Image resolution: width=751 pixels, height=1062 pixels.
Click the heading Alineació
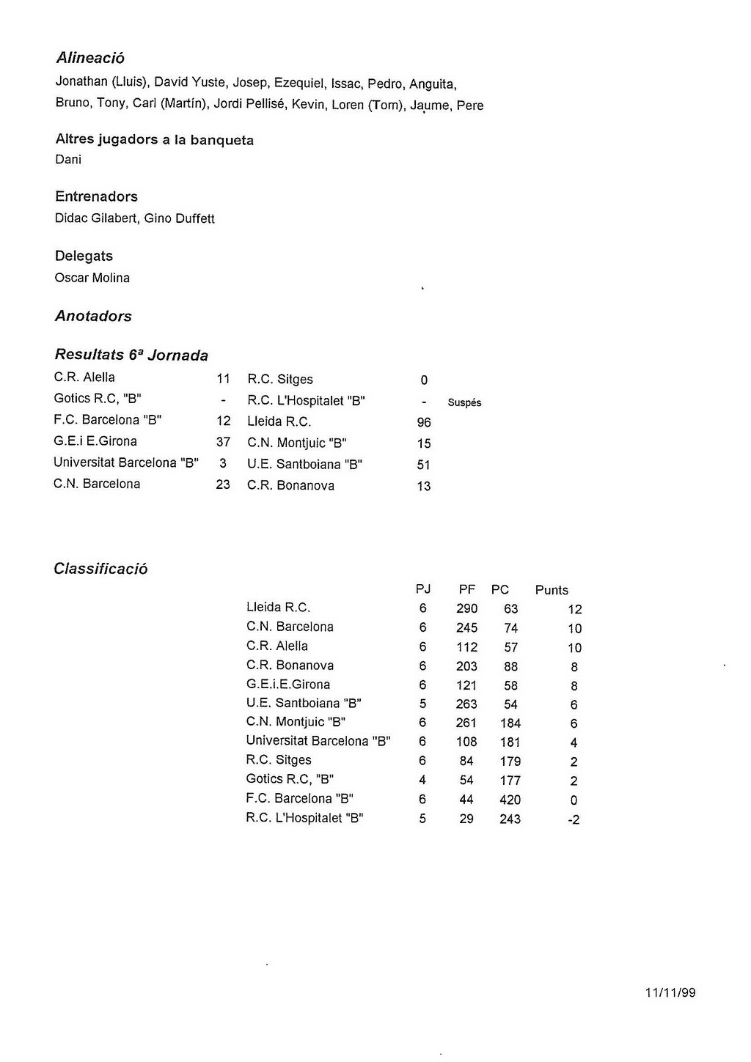coord(90,58)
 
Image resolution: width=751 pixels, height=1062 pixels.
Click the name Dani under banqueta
coord(68,160)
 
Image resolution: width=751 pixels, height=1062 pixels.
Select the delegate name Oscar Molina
coord(92,278)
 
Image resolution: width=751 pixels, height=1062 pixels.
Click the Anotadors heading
coord(93,316)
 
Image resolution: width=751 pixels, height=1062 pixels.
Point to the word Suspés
coord(464,402)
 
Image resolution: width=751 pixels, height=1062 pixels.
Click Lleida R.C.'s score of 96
coord(424,422)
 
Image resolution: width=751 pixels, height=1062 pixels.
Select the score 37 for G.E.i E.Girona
coord(223,442)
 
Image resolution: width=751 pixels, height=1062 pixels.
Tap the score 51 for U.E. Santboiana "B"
coord(424,465)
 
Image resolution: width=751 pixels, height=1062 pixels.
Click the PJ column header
coord(423,589)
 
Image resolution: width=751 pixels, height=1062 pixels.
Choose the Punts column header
coord(552,590)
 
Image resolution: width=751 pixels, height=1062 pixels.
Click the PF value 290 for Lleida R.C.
coord(466,608)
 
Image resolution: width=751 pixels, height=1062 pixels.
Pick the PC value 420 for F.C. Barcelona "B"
coord(510,800)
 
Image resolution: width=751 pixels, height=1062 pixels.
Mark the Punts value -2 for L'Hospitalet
coord(574,819)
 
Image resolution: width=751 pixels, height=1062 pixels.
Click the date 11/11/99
coord(670,992)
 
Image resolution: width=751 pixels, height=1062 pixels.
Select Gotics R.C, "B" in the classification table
coord(290,779)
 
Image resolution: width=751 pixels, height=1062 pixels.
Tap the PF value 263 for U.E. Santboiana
coord(466,704)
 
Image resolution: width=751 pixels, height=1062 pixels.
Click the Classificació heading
coord(100,569)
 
